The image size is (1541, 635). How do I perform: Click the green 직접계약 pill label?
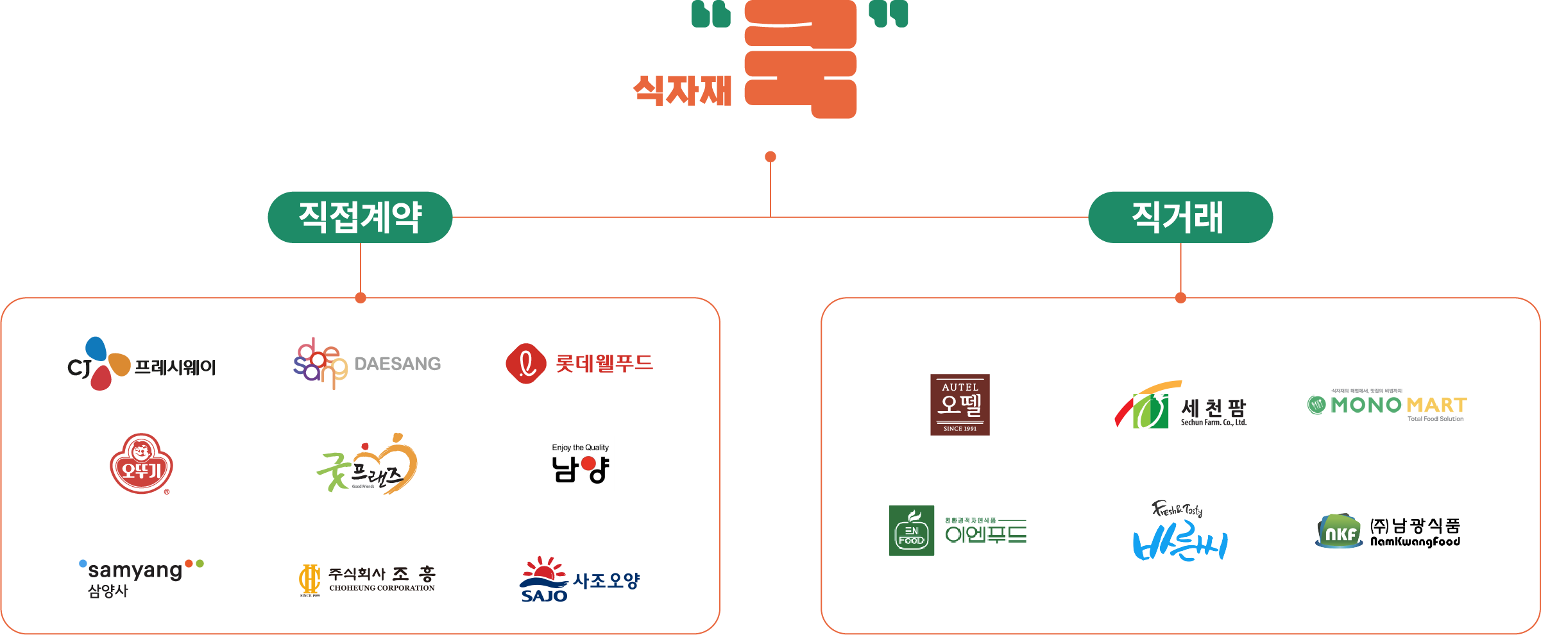click(x=360, y=217)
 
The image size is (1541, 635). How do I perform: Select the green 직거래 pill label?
click(x=1180, y=217)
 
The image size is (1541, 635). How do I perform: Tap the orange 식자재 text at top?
click(x=682, y=90)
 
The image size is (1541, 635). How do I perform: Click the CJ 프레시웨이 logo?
click(x=141, y=364)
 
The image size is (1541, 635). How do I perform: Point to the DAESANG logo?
click(x=367, y=363)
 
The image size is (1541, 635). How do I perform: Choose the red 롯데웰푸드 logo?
click(x=579, y=363)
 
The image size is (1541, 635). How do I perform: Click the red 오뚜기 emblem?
click(x=141, y=464)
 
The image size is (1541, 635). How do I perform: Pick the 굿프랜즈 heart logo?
click(x=368, y=464)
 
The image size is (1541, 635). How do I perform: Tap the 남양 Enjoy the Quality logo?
click(x=580, y=464)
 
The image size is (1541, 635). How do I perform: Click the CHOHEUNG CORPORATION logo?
click(x=367, y=580)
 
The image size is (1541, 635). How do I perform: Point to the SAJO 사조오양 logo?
click(x=579, y=580)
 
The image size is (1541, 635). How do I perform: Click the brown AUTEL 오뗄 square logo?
click(x=960, y=405)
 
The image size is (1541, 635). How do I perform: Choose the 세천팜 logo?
click(x=1180, y=405)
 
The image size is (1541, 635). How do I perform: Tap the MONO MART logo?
click(x=1387, y=405)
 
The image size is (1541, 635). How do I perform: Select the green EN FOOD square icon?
click(x=911, y=530)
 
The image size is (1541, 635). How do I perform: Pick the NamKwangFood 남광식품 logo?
click(x=1387, y=532)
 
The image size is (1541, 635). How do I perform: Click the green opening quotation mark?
click(x=711, y=14)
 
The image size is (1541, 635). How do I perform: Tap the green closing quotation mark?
click(x=889, y=14)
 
